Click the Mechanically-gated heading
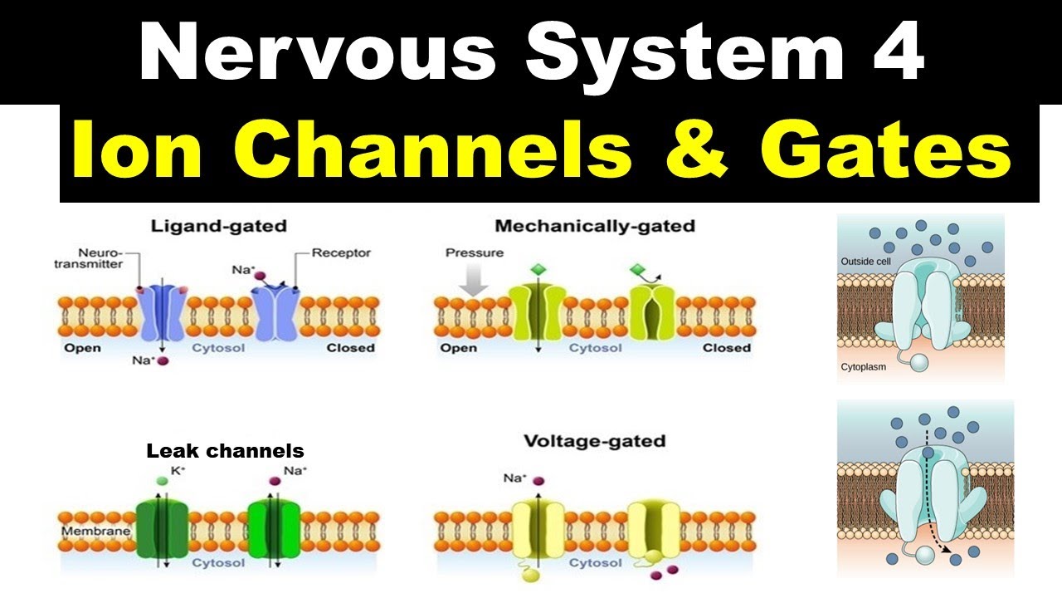594,225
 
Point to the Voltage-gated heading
594,440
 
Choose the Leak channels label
225,451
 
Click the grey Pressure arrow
474,281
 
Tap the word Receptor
341,252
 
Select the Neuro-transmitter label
100,257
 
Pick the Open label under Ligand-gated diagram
82,347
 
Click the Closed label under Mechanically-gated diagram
726,347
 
